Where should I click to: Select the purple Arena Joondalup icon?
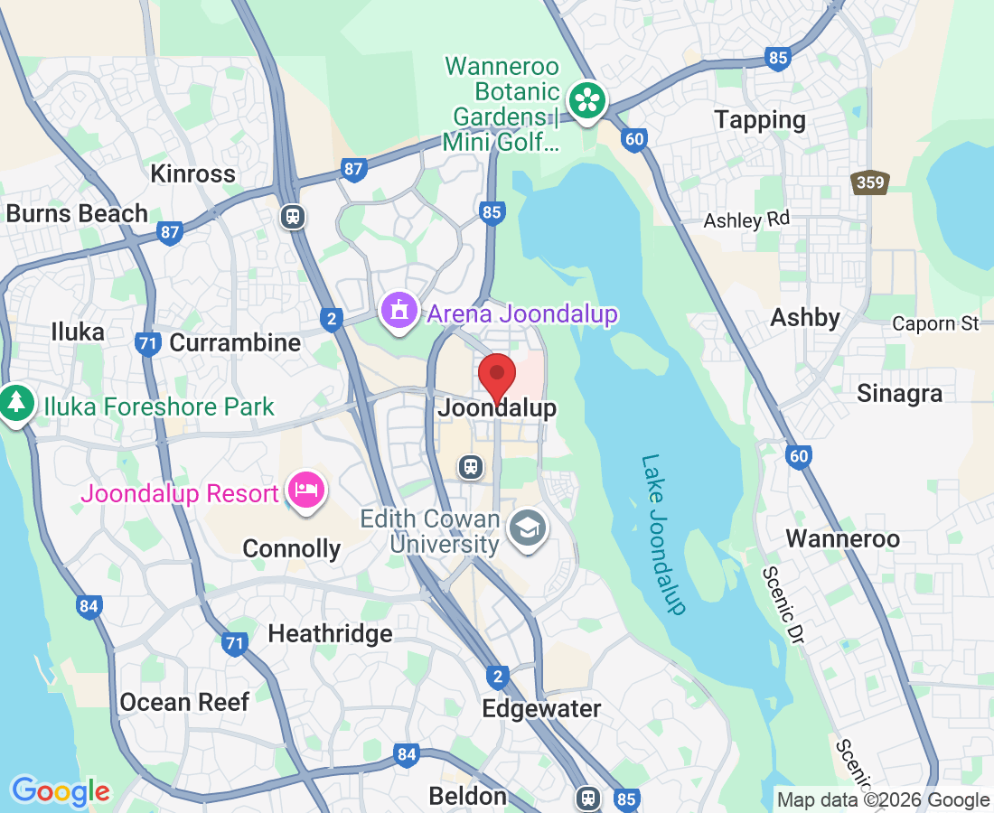coord(398,311)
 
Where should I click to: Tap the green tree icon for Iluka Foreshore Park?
coord(15,403)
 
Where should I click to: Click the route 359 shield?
coord(870,183)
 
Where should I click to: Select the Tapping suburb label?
coord(759,119)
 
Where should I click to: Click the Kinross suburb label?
coord(193,173)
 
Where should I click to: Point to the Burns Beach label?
coord(77,214)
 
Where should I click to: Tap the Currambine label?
coord(235,343)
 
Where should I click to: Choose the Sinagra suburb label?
coord(899,394)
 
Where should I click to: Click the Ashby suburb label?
coord(805,318)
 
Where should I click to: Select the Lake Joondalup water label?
coord(664,534)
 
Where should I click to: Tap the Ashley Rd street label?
coord(746,220)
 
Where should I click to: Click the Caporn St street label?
coord(935,323)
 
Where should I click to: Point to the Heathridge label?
coord(330,633)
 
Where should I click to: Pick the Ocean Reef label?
coord(184,702)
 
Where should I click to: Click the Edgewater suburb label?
coord(541,708)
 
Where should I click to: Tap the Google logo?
coord(61,792)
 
